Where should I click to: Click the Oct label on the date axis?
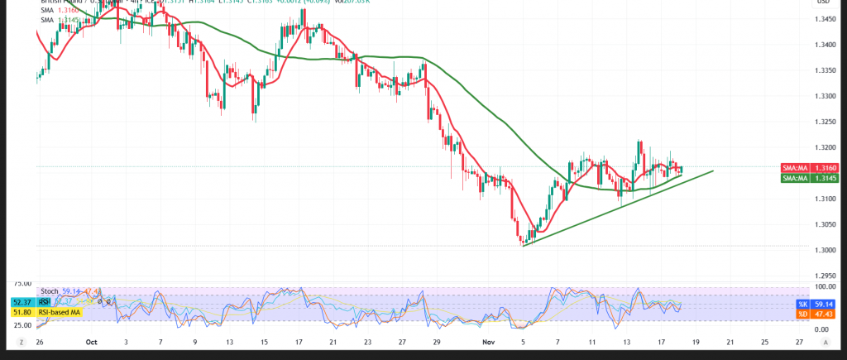[x=92, y=341]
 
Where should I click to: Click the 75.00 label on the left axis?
[x=22, y=282]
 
